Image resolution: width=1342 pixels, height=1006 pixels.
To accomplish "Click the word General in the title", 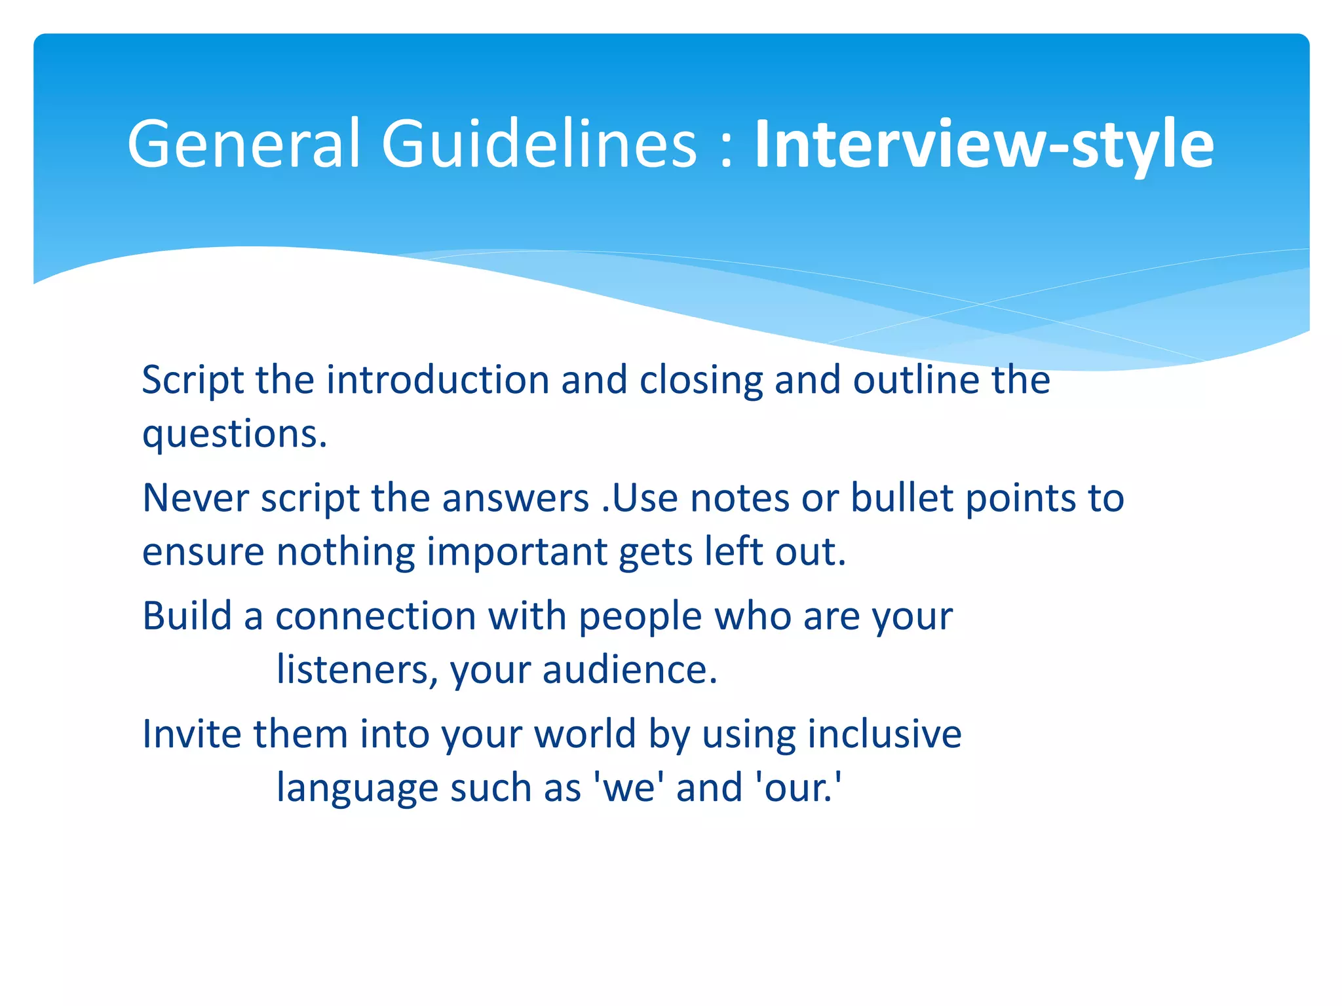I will tap(244, 143).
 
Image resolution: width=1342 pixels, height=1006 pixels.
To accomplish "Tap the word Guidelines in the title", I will tap(539, 143).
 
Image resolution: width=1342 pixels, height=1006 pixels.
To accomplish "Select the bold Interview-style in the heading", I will tap(984, 145).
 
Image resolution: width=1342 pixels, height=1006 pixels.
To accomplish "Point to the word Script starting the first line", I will tap(193, 380).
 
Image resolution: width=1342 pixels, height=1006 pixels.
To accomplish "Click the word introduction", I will tap(438, 380).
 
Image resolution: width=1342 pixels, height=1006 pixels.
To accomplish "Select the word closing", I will tap(700, 380).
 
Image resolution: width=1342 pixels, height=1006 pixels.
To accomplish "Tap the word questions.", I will tap(234, 434).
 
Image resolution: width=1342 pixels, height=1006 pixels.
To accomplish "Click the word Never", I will tap(195, 498).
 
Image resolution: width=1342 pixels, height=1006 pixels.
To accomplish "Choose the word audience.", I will tap(630, 669).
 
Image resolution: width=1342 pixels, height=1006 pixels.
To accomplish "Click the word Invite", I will tap(192, 734).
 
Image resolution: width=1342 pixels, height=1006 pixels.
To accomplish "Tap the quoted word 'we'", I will tap(628, 787).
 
